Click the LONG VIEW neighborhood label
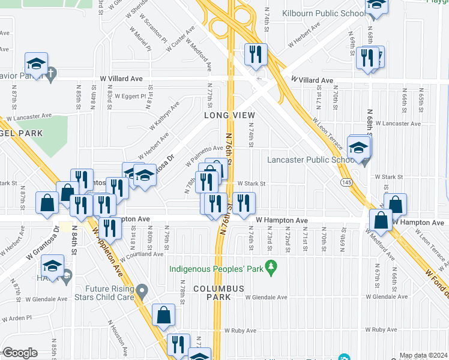point(229,115)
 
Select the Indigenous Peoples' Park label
point(216,269)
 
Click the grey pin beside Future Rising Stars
point(142,292)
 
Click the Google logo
point(20,353)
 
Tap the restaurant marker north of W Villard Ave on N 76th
point(256,55)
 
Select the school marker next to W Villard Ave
point(36,65)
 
